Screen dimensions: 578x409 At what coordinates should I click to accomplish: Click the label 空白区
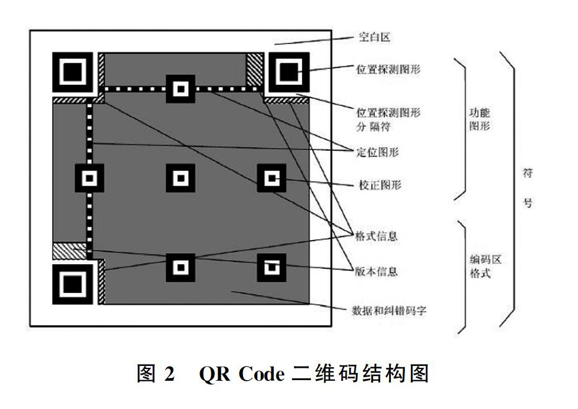pos(374,37)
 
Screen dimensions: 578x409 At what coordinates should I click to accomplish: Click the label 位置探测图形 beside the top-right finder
pos(388,69)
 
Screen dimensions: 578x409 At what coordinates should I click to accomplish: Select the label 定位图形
pos(377,152)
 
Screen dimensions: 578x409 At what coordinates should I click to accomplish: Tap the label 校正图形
pos(380,185)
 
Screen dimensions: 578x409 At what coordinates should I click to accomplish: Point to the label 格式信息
pos(376,236)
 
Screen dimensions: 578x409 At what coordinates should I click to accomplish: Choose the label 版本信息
pos(376,271)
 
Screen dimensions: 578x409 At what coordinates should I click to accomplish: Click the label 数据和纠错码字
pos(389,311)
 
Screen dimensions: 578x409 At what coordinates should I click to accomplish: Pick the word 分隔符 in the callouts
pos(373,127)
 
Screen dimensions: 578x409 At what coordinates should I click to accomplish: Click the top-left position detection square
pos(72,72)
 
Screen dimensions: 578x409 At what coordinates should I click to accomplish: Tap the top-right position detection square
pos(288,72)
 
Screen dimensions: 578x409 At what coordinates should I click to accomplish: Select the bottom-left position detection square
pos(72,284)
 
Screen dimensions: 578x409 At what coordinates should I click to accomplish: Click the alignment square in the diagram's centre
pos(181,178)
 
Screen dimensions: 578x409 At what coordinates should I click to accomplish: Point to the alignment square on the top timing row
pos(181,89)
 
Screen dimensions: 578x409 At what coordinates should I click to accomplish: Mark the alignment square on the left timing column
pos(89,178)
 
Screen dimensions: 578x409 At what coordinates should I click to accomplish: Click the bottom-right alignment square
pos(271,268)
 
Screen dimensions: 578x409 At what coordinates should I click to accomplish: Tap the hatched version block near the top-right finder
pos(255,69)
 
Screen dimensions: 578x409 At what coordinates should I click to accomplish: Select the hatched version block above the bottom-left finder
pos(69,251)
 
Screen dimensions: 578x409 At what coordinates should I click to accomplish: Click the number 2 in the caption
pos(169,374)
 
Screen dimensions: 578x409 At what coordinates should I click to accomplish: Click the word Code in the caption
pos(261,374)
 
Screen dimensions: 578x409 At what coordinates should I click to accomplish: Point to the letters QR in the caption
pos(214,374)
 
